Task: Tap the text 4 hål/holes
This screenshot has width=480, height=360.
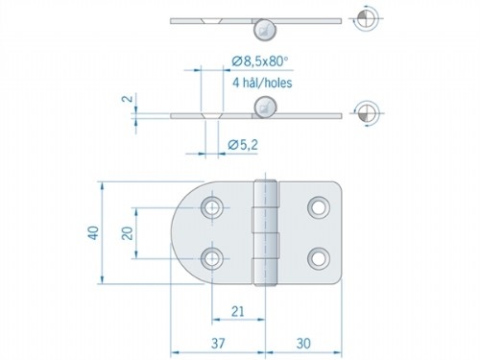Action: pyautogui.click(x=263, y=83)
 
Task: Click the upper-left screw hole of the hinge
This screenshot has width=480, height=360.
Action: pyautogui.click(x=211, y=206)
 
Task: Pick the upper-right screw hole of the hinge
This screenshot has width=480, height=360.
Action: pyautogui.click(x=318, y=206)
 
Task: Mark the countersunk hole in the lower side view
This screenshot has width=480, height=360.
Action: pyautogui.click(x=213, y=114)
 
